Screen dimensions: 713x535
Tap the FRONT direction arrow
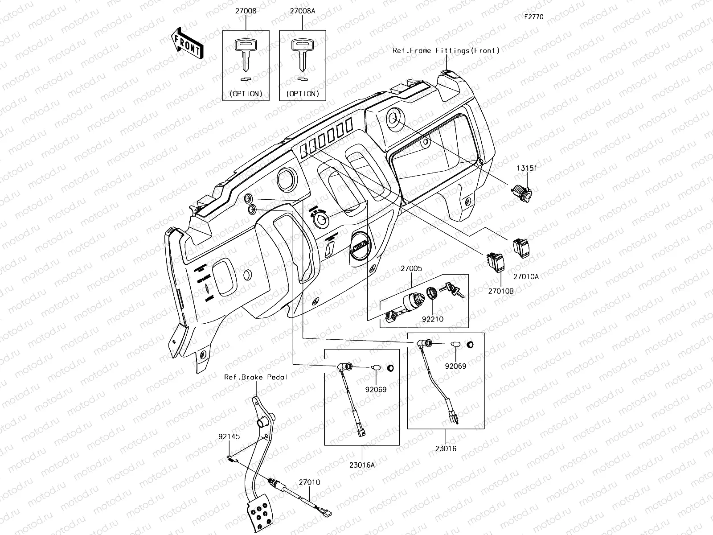187,43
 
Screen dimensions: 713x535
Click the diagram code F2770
533,17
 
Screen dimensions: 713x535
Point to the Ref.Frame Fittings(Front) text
446,51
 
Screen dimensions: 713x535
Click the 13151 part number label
527,168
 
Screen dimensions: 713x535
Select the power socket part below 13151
520,193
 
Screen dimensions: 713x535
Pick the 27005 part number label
411,269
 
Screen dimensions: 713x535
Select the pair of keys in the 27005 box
451,290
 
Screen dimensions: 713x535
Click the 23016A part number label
362,465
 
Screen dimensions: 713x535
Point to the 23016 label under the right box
445,449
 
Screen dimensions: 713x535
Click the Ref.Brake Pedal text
256,377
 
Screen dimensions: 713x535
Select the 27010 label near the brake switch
309,482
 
